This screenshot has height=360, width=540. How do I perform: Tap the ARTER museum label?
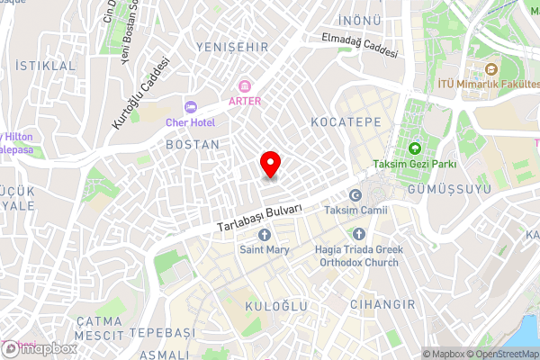coord(245,101)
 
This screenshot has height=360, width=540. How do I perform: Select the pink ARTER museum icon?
coord(245,86)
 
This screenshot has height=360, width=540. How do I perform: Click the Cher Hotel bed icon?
coord(190,107)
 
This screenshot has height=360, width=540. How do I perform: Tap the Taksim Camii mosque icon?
coord(355,195)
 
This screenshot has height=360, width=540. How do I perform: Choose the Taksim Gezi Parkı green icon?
coord(415,148)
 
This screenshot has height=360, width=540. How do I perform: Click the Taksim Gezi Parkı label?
coord(415,165)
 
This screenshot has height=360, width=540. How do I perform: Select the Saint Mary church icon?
coord(264,235)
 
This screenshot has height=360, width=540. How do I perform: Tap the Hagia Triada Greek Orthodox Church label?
coord(357,256)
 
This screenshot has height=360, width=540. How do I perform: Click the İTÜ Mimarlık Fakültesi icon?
coord(491,69)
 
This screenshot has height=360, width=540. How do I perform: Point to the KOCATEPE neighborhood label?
coord(346,121)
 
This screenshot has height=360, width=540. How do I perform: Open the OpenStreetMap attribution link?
coord(500,353)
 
